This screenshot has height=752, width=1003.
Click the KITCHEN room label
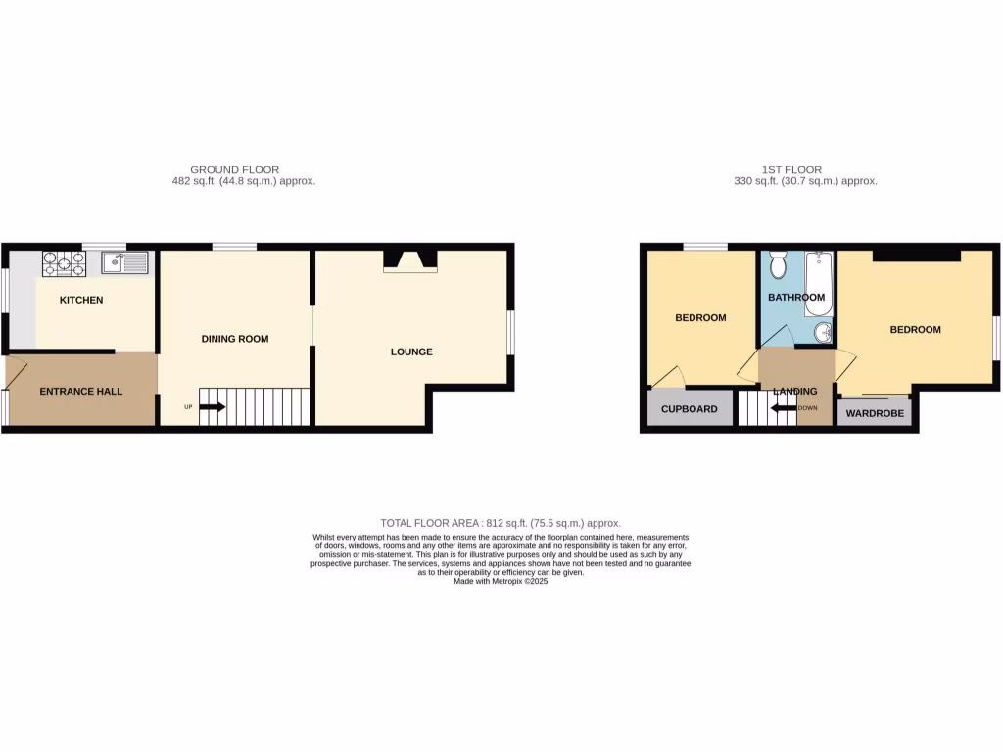tap(81, 300)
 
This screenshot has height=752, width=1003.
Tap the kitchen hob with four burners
tap(64, 262)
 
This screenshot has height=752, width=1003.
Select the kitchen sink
tap(123, 262)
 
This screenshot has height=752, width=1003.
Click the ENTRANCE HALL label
tap(81, 392)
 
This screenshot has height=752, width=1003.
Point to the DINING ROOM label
tap(235, 339)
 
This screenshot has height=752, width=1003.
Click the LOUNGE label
tap(411, 352)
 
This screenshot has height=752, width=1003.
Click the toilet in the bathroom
tap(779, 265)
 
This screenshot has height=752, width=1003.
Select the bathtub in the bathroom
tap(819, 284)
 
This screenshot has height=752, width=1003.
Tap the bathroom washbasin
tap(821, 334)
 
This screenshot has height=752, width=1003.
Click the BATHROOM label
tap(796, 298)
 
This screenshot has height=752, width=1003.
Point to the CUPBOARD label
tap(690, 409)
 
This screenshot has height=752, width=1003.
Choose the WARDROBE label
tap(875, 413)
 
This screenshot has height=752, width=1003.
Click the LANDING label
tap(794, 392)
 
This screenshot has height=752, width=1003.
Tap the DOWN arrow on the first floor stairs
tap(784, 408)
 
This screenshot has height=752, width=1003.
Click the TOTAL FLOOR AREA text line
tap(501, 524)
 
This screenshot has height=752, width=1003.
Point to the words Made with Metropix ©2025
tap(501, 581)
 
